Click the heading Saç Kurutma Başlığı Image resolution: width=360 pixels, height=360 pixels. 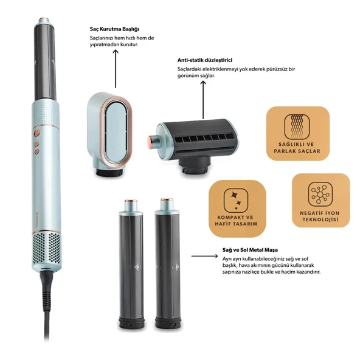(x=114, y=29)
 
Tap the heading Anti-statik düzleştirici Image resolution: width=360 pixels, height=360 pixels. (x=204, y=60)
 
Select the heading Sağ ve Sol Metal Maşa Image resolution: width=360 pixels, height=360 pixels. (x=250, y=250)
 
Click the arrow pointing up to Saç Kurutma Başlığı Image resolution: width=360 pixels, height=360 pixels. (x=116, y=69)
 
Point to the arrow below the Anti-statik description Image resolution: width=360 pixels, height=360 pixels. (x=203, y=100)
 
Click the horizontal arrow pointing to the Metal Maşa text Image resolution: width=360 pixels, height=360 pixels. (x=204, y=256)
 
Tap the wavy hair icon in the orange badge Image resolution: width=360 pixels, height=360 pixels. (x=297, y=126)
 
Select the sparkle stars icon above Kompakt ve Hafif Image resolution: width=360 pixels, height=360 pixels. (x=236, y=200)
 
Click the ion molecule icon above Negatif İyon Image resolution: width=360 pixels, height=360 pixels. (x=320, y=195)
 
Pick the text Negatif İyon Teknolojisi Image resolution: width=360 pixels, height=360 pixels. (x=320, y=216)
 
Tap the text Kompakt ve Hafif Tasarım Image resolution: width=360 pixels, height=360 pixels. (x=236, y=220)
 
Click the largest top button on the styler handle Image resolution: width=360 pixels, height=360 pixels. (x=36, y=133)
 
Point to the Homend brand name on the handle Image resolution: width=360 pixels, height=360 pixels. (x=38, y=220)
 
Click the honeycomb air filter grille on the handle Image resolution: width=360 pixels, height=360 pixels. (x=47, y=248)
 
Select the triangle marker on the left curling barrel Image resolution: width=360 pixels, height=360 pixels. (x=137, y=267)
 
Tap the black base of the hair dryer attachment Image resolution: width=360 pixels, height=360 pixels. (x=109, y=172)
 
